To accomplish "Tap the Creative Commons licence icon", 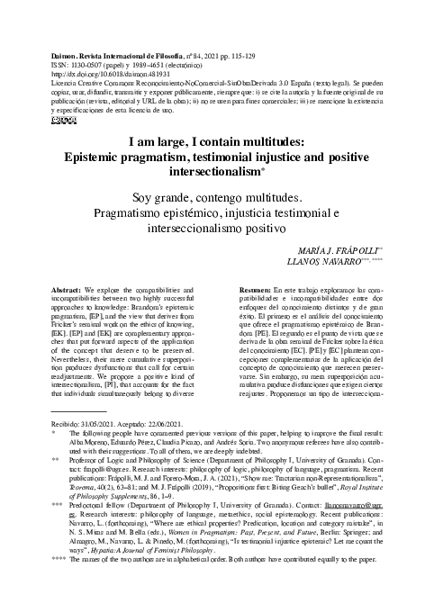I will [41, 118].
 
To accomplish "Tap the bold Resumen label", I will [255, 293].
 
